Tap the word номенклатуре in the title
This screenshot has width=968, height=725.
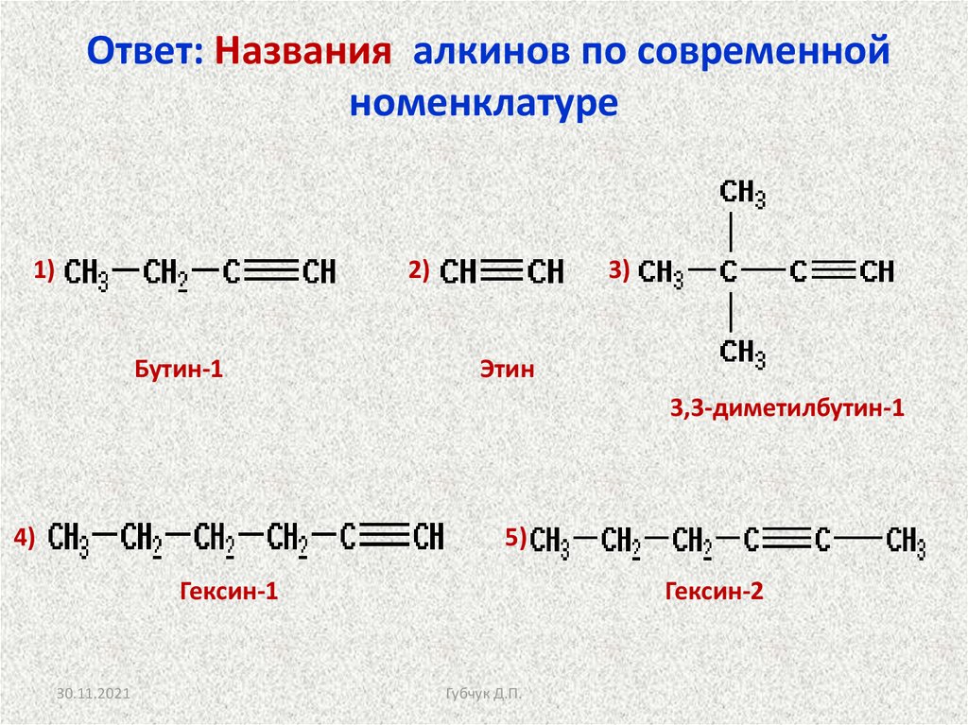pyautogui.click(x=483, y=102)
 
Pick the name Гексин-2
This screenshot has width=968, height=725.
pyautogui.click(x=714, y=593)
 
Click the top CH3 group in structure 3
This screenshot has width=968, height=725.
pyautogui.click(x=742, y=194)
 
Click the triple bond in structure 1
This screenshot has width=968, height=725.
pyautogui.click(x=272, y=273)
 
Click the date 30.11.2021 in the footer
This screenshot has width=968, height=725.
pyautogui.click(x=92, y=695)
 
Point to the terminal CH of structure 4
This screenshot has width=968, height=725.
pyautogui.click(x=428, y=538)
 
